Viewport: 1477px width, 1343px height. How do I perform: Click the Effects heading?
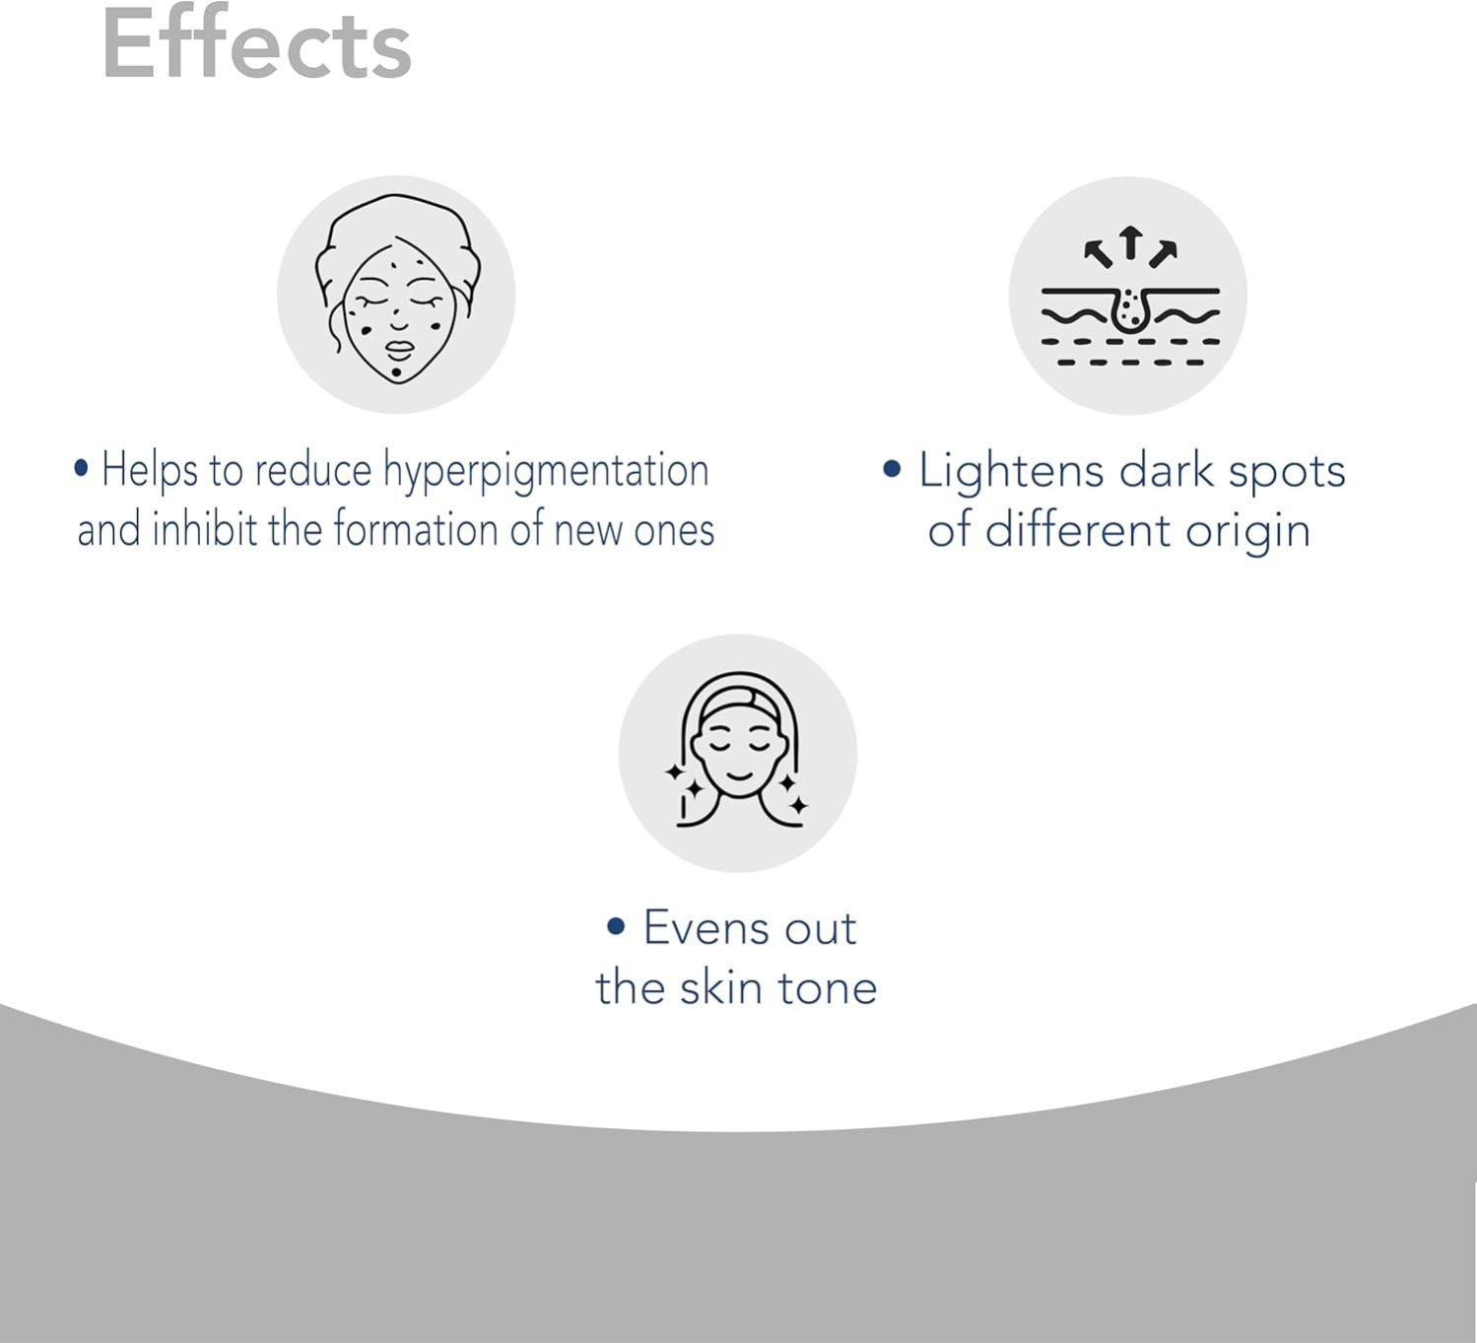click(256, 44)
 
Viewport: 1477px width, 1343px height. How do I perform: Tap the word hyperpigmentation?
click(546, 471)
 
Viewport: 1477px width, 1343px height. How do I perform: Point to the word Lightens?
click(1011, 471)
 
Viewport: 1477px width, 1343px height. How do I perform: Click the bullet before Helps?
click(82, 468)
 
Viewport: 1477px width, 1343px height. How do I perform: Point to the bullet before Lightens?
click(892, 469)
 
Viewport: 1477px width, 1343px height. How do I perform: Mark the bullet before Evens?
click(616, 926)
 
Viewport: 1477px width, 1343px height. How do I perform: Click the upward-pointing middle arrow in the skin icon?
click(1130, 242)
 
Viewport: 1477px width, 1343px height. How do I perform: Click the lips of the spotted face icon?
click(398, 349)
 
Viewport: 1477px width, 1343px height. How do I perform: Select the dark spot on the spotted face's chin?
click(397, 372)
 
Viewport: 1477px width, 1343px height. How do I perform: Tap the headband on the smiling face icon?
click(739, 704)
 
